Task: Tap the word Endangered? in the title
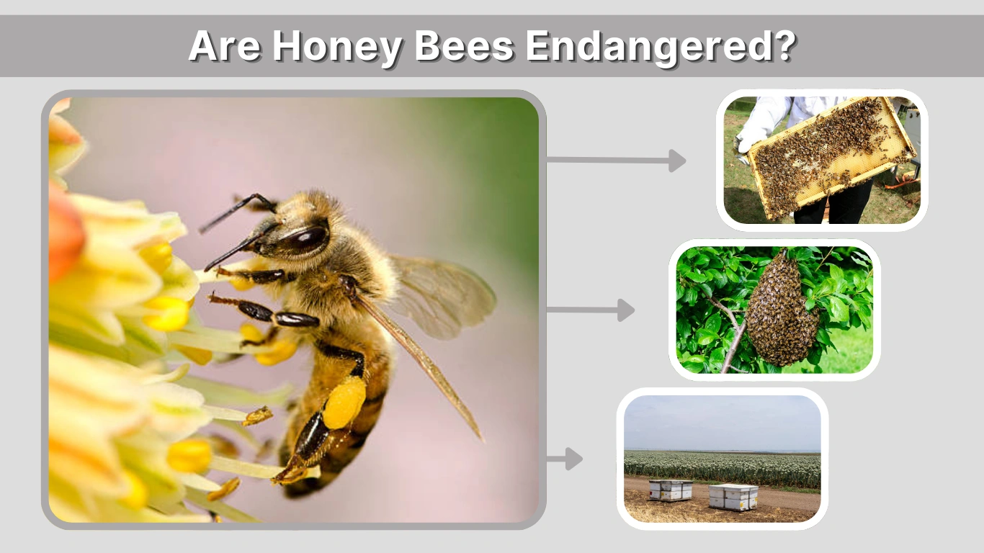coord(661,47)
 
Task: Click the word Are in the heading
coord(223,47)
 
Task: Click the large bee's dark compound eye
coord(308,238)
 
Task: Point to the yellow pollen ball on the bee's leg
coord(344,403)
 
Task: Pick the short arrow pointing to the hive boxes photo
coord(565,459)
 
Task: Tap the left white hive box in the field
coord(670,490)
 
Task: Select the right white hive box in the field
coord(733,496)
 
